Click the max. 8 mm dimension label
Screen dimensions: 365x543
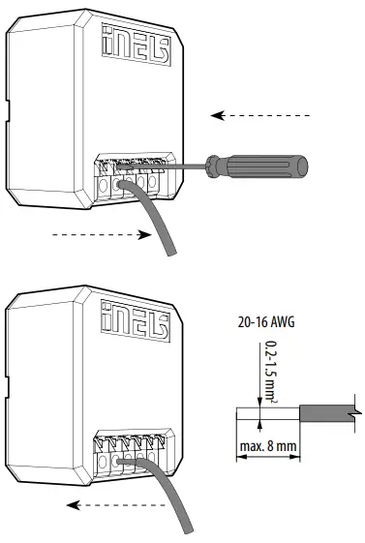point(264,448)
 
